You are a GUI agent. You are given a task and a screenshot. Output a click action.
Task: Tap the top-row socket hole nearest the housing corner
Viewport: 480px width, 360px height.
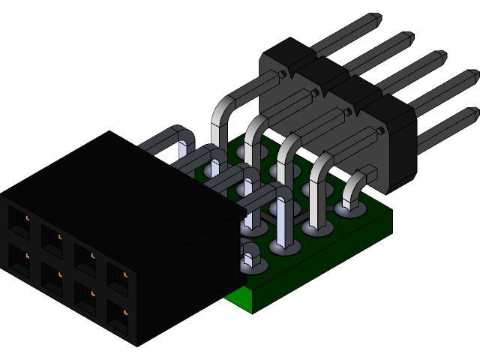(x=117, y=276)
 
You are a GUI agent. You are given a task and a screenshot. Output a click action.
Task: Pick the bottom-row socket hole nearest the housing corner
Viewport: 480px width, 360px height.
(x=118, y=315)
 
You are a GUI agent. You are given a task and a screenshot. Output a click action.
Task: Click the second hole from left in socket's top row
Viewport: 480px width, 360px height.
(x=51, y=238)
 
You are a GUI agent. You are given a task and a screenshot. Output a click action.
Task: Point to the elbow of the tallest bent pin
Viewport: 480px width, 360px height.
(x=224, y=105)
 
